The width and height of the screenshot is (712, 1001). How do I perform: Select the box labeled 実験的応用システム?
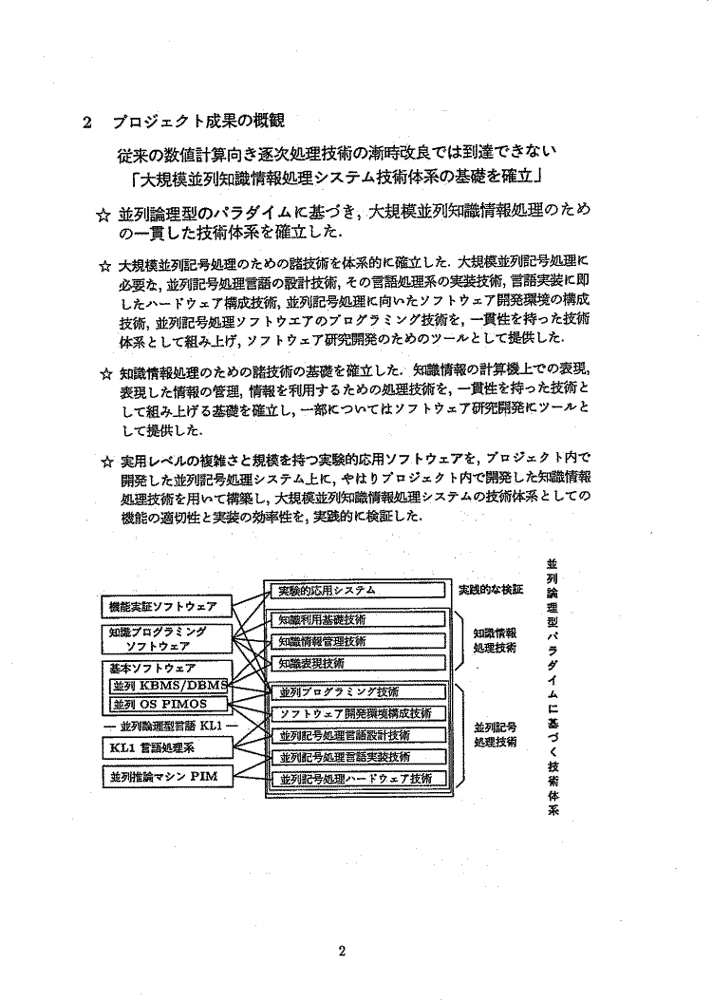(x=354, y=591)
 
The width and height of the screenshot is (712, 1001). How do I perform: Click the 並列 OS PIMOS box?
(x=167, y=705)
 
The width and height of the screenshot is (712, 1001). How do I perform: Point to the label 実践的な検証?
(x=491, y=590)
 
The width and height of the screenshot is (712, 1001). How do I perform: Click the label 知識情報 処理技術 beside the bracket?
(x=495, y=639)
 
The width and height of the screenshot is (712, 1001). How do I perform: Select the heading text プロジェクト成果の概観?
(x=197, y=123)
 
